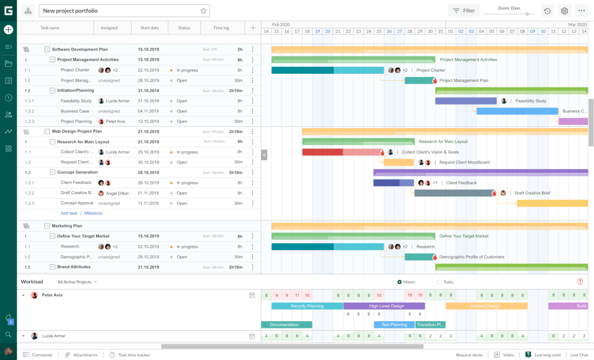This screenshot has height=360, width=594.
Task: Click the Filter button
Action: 464,11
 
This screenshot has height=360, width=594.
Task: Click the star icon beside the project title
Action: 203,11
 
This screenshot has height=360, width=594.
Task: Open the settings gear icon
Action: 564,11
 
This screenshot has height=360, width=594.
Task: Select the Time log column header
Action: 221,28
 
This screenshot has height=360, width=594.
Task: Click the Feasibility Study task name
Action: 76,101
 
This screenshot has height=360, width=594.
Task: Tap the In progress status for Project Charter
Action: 187,71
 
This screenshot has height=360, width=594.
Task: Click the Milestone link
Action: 93,213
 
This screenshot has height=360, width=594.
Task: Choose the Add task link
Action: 69,213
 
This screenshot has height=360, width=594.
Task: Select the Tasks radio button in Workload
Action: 439,282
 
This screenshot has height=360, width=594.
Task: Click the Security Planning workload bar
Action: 307,306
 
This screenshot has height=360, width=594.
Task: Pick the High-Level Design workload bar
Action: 384,306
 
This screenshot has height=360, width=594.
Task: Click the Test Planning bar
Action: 394,325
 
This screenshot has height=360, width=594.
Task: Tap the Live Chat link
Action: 579,355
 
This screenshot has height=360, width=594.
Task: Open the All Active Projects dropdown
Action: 77,282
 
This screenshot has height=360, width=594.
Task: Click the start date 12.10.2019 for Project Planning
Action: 148,122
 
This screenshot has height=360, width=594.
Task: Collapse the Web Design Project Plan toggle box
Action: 47,131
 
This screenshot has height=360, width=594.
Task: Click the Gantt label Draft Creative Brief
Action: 532,193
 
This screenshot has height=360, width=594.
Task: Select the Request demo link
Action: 470,355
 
